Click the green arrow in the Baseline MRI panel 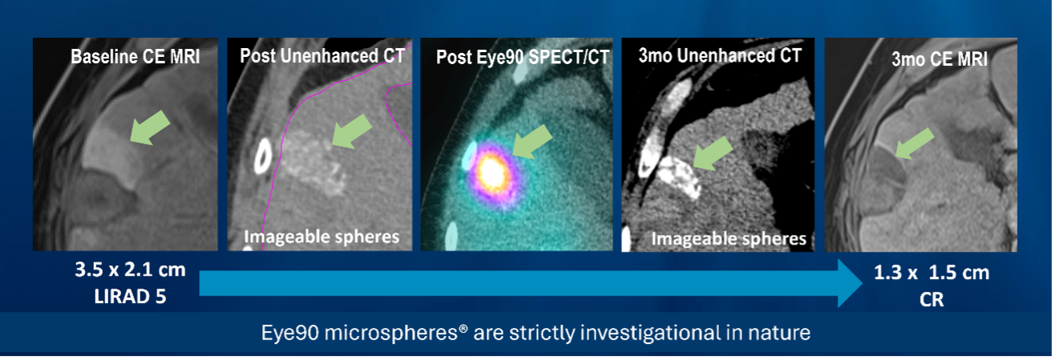point(151,126)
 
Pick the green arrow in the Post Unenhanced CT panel point(352,130)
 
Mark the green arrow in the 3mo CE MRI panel point(915,143)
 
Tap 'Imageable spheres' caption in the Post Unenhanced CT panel point(321,237)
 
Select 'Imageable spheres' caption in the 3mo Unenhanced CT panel point(728,239)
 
